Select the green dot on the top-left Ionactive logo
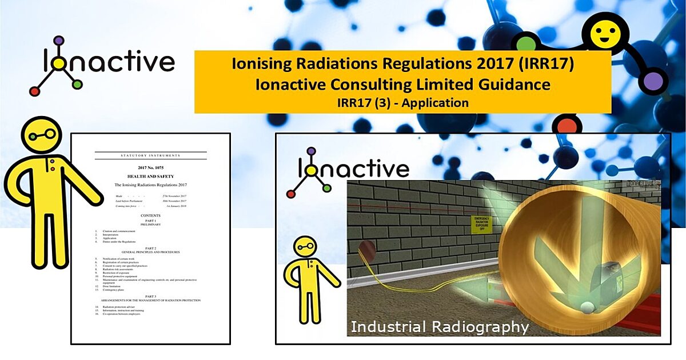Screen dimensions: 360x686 point(77,85)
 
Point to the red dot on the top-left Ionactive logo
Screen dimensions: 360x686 point(35,90)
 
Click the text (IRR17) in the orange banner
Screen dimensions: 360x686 point(549,63)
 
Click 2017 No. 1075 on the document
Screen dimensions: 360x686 point(150,168)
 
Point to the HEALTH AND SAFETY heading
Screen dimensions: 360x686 point(150,177)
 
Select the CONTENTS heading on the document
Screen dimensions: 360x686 point(150,216)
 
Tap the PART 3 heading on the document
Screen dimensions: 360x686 point(150,295)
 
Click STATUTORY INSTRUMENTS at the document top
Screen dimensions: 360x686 point(150,155)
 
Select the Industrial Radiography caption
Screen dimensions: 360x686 point(439,327)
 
